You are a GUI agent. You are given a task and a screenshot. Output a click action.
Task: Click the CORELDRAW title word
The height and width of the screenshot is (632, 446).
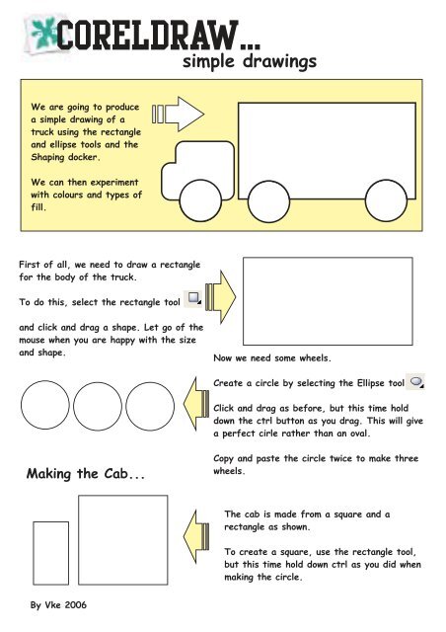147,36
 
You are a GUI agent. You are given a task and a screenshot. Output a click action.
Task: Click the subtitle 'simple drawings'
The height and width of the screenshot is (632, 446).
250,62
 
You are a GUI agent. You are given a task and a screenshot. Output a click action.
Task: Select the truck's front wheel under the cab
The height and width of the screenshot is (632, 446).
200,200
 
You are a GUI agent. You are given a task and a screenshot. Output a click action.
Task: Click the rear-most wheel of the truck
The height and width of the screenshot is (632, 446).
386,200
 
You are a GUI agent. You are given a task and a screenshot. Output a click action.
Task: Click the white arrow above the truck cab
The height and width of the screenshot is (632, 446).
178,115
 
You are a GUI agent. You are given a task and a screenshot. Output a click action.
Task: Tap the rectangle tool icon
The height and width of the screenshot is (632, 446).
193,298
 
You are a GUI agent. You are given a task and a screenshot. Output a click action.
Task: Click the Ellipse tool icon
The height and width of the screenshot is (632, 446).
415,381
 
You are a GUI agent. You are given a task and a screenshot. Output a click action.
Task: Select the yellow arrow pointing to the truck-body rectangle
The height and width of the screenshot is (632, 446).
220,297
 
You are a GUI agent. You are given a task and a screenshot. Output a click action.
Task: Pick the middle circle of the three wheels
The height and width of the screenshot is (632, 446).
98,406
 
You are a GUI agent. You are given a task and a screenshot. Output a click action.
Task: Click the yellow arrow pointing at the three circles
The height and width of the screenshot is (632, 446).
196,404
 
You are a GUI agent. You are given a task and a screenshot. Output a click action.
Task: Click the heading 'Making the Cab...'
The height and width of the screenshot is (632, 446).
86,474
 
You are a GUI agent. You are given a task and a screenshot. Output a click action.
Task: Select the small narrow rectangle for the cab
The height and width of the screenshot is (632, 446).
50,553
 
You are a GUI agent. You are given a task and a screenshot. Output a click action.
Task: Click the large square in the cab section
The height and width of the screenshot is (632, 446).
123,540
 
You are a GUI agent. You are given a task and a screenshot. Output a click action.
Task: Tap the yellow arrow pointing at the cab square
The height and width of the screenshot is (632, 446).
196,536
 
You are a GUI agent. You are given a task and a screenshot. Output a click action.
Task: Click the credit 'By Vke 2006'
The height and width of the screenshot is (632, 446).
58,605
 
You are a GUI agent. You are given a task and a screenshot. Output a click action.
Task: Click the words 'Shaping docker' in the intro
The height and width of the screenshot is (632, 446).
65,157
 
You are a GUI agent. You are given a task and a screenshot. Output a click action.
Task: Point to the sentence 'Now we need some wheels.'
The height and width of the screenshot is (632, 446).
272,357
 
